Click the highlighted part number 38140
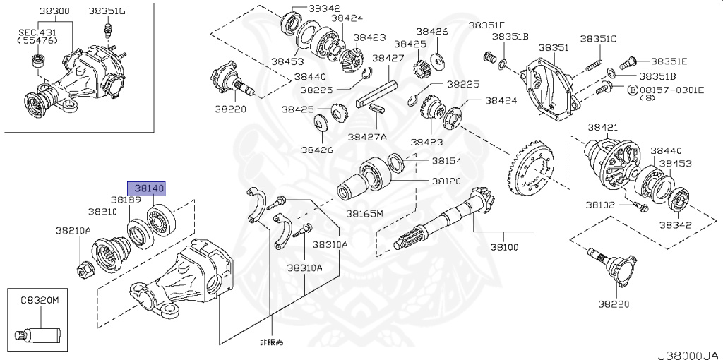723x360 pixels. [145, 188]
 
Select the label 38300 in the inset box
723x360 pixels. [54, 11]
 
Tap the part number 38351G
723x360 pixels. [107, 11]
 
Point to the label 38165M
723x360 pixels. [364, 212]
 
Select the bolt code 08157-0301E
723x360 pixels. [671, 90]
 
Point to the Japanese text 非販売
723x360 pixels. [272, 342]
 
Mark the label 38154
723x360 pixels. [446, 161]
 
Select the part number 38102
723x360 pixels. [601, 205]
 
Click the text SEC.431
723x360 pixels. [32, 30]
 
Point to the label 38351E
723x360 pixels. [668, 61]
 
